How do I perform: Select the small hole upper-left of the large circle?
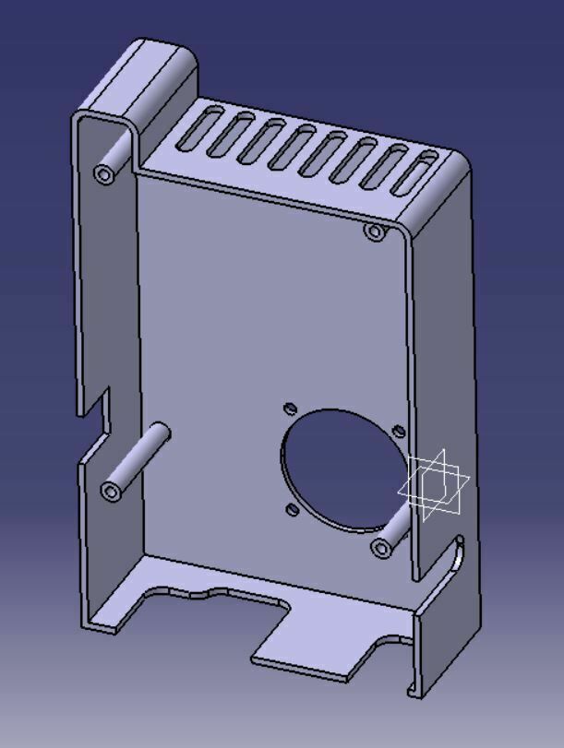pyautogui.click(x=290, y=408)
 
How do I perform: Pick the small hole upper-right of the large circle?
pyautogui.click(x=398, y=430)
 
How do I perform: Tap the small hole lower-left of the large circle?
pyautogui.click(x=291, y=508)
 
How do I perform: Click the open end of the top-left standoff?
pyautogui.click(x=103, y=173)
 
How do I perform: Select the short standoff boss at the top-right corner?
pyautogui.click(x=374, y=232)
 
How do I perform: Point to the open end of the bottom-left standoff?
pyautogui.click(x=113, y=491)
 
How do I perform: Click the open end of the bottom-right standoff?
pyautogui.click(x=380, y=549)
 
